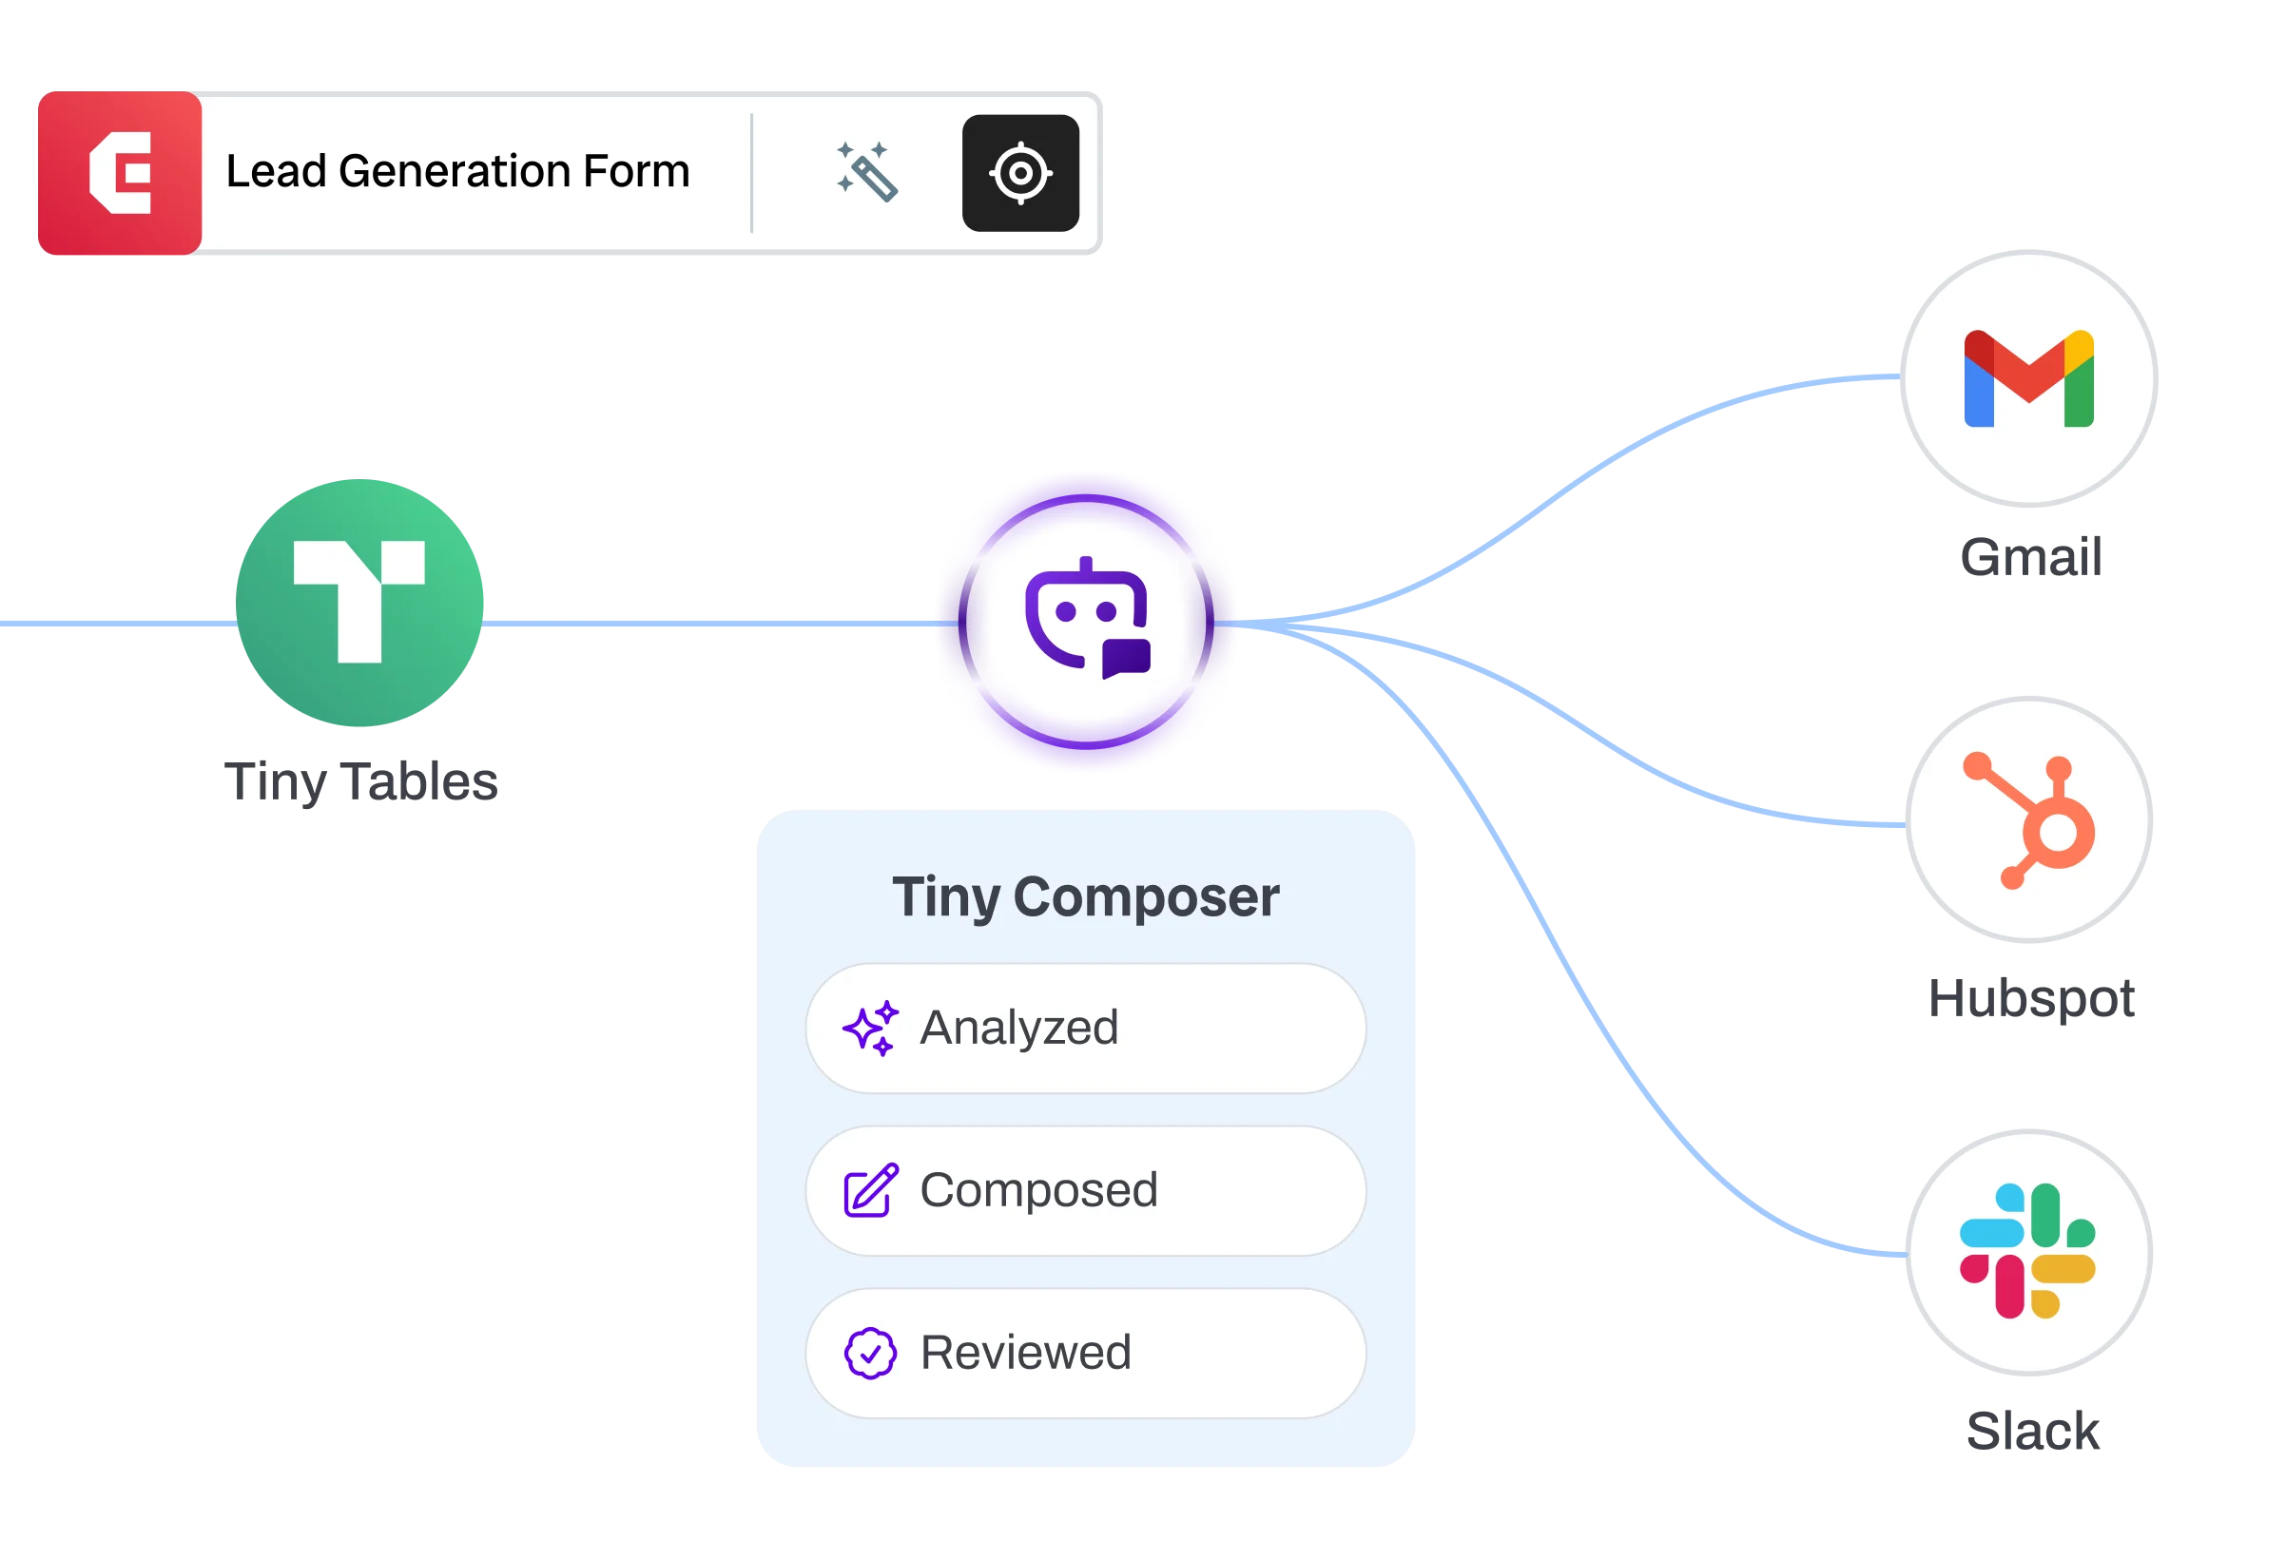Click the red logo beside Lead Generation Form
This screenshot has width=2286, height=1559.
[x=120, y=174]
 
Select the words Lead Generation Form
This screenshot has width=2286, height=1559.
[x=457, y=171]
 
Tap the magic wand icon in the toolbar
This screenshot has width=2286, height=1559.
[x=866, y=172]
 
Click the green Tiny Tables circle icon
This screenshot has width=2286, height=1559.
[x=361, y=603]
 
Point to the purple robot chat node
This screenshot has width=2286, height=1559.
[x=1086, y=621]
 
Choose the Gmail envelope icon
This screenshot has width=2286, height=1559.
[x=2029, y=377]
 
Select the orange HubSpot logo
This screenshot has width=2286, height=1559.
[x=2029, y=820]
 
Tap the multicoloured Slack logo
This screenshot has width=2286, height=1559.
[x=2027, y=1250]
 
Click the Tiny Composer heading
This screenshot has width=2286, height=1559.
[x=1085, y=897]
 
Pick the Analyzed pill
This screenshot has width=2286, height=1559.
[x=1085, y=1028]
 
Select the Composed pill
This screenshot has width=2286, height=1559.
[x=1085, y=1190]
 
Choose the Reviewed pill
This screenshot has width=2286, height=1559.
[x=1085, y=1353]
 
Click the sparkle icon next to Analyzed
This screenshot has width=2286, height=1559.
[x=870, y=1028]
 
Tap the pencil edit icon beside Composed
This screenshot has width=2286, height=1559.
[x=870, y=1190]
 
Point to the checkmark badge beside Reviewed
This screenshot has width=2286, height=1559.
[x=870, y=1354]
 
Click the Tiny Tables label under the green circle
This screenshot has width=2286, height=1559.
[x=362, y=784]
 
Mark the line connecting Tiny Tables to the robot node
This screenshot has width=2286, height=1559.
[x=708, y=624]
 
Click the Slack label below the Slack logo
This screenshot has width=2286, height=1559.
[x=2033, y=1429]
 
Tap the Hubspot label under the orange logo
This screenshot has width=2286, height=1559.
[x=2030, y=996]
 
